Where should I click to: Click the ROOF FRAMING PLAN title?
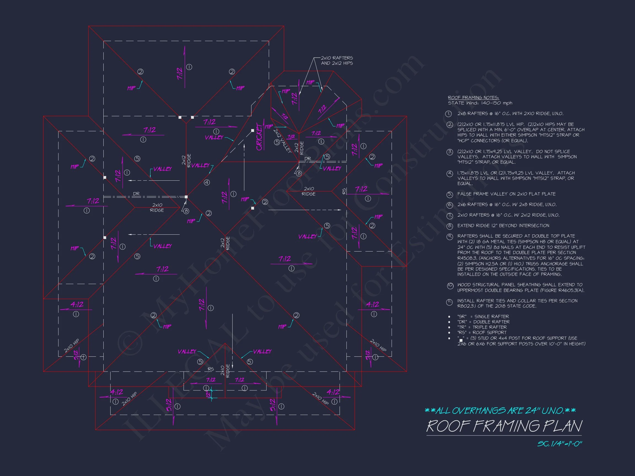[504, 426]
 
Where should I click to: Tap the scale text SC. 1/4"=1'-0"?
[559, 443]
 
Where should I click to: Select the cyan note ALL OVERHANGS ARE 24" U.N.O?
[500, 411]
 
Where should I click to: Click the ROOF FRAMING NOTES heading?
[473, 98]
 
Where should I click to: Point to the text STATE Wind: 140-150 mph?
[480, 103]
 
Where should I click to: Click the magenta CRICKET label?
[260, 137]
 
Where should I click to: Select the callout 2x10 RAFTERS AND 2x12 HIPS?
[337, 61]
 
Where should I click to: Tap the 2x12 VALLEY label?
[282, 140]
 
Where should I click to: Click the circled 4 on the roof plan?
[207, 182]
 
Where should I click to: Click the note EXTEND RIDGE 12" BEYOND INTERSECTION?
[503, 226]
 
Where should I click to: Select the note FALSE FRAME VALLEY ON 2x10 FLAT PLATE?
[506, 194]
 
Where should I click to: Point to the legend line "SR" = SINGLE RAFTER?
[483, 317]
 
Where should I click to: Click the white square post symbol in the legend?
[461, 340]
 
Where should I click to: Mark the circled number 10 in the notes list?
[450, 286]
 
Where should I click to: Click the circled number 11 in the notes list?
[450, 302]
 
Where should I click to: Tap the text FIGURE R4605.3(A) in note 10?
[563, 290]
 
